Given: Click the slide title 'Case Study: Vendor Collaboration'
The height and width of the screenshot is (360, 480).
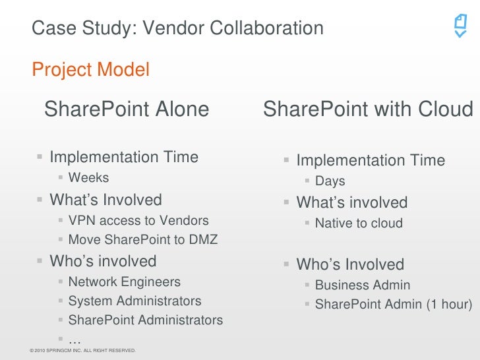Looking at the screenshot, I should [177, 28].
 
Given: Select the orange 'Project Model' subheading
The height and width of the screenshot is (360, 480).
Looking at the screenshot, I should [90, 69].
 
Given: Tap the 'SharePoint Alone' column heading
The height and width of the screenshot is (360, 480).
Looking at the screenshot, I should [127, 109].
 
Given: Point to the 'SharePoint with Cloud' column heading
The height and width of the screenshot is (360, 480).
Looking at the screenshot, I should [368, 109].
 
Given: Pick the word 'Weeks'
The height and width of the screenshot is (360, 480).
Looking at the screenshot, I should [88, 177].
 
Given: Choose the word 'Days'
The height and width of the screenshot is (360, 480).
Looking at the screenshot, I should [330, 181].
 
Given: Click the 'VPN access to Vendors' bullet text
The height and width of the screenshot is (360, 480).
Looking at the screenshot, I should [138, 220].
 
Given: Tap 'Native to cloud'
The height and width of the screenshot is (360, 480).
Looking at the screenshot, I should [358, 224].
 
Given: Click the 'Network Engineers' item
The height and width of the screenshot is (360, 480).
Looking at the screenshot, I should [124, 282].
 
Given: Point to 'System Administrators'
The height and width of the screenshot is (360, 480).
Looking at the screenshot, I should [135, 301].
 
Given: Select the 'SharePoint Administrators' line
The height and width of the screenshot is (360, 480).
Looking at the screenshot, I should [145, 320].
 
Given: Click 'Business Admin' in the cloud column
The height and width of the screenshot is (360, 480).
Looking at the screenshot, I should [362, 285].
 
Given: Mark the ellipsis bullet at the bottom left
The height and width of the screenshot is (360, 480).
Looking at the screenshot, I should [75, 339].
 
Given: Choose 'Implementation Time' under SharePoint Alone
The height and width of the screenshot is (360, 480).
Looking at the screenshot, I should [124, 157].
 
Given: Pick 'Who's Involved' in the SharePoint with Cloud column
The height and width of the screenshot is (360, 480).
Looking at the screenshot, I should [349, 264].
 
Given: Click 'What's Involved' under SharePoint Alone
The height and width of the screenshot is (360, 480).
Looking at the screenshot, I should [105, 199].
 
